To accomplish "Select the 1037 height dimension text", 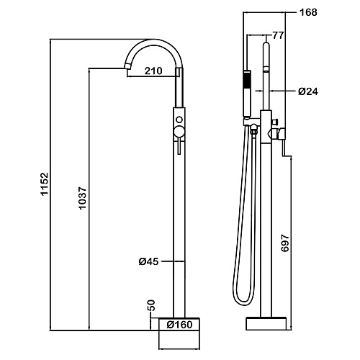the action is click(82, 198).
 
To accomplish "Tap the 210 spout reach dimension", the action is click(153, 71).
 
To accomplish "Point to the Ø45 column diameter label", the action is click(149, 261).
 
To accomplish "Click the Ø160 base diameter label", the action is click(180, 325).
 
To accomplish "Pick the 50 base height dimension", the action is click(152, 305).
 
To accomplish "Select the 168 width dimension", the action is click(308, 12).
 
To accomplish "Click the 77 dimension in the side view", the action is click(278, 35).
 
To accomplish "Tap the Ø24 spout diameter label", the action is click(308, 91).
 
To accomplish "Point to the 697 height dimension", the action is click(285, 243).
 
